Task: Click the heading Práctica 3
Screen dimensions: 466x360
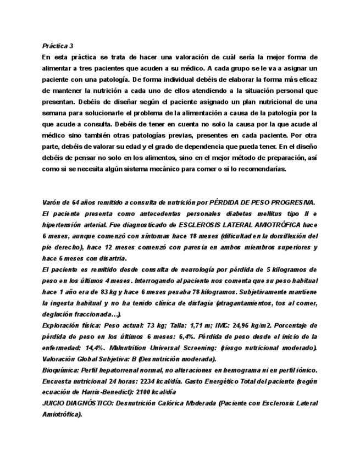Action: pyautogui.click(x=58, y=46)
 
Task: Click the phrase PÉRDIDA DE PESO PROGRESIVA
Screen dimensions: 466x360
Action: pyautogui.click(x=263, y=203)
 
